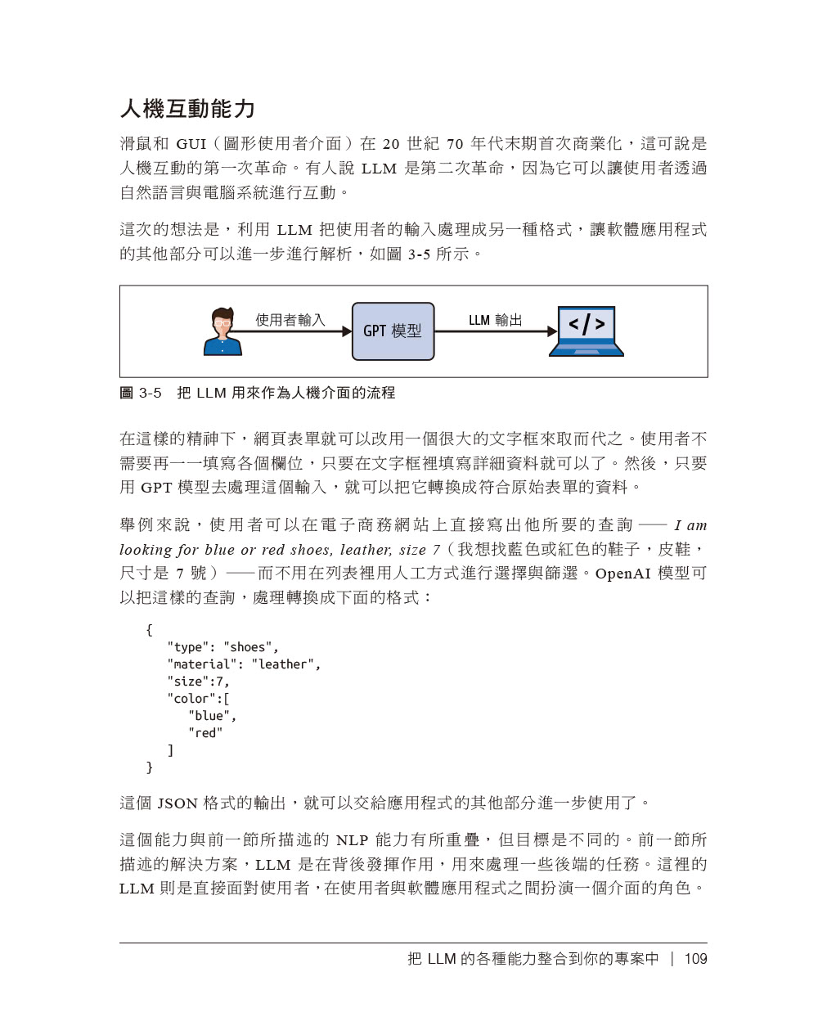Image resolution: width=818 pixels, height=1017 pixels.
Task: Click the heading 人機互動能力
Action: pos(187,109)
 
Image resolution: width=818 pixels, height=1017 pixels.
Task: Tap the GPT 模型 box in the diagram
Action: pos(393,331)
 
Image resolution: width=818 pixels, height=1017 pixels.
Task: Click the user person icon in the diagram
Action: pos(222,332)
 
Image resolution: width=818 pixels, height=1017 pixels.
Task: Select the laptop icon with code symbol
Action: pos(586,331)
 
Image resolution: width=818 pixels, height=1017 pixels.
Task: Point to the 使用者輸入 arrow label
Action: pos(290,320)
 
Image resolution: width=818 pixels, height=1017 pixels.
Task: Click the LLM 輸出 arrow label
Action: pos(495,320)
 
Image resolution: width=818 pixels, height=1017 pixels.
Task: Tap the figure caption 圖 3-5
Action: pos(141,393)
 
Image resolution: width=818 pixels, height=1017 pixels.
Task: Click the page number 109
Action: pos(695,959)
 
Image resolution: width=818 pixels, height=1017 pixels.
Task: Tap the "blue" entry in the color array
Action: pos(212,716)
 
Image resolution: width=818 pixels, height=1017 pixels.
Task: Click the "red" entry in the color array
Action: pos(205,733)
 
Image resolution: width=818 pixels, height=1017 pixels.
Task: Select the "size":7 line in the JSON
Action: pos(199,682)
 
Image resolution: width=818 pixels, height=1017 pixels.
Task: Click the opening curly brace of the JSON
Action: pos(149,630)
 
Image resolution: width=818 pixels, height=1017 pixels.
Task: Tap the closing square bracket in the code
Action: pos(170,750)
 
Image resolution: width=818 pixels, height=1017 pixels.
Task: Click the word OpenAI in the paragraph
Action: pos(622,574)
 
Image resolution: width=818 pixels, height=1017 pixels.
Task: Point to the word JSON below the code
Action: pos(178,803)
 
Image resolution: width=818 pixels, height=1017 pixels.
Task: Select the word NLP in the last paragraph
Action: pos(352,840)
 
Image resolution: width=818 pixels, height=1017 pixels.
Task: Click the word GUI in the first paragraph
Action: pos(191,144)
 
